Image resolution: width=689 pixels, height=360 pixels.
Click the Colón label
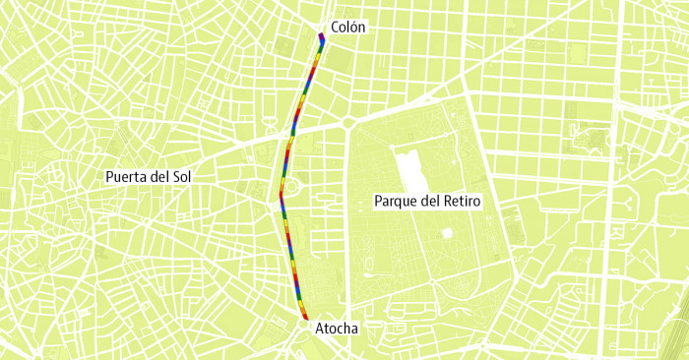[348, 28]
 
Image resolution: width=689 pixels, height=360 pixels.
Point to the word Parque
[396, 201]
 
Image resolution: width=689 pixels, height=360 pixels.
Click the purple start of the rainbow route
[322, 38]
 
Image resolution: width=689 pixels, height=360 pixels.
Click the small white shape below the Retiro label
[448, 233]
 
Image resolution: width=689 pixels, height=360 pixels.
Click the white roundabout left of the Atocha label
[304, 326]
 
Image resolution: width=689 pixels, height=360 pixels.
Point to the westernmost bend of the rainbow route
[281, 194]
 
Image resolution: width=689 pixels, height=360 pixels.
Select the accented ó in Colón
[357, 28]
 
